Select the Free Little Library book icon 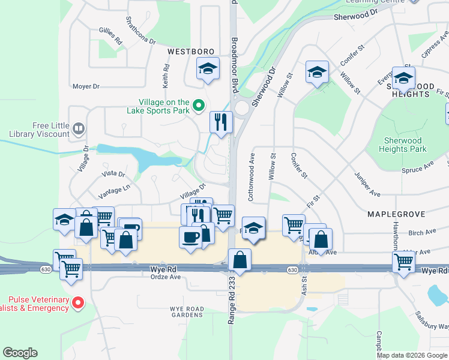[78, 128]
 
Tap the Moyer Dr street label [86, 86]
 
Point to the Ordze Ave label [165, 277]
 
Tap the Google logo [20, 353]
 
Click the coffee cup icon [190, 236]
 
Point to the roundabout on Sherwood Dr [242, 108]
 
